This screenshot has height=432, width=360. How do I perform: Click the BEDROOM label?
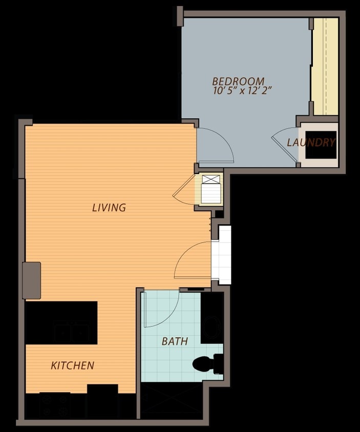238,81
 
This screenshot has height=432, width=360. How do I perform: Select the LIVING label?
109,207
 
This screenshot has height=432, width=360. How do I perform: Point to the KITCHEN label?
73,365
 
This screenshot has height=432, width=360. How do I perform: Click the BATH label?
175,341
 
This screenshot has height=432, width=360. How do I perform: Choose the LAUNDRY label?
311,142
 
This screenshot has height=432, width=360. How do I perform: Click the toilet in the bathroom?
207,364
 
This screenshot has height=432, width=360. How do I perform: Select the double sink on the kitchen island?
71,333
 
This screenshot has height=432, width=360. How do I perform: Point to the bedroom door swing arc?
216,145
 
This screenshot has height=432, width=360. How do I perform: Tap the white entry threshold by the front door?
221,255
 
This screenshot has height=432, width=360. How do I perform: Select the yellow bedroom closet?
325,67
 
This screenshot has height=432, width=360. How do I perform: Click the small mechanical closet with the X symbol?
211,189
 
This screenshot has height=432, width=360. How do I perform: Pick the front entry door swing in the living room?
193,260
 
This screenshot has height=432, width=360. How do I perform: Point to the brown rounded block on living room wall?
32,280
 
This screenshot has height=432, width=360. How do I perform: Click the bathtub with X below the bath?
172,401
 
